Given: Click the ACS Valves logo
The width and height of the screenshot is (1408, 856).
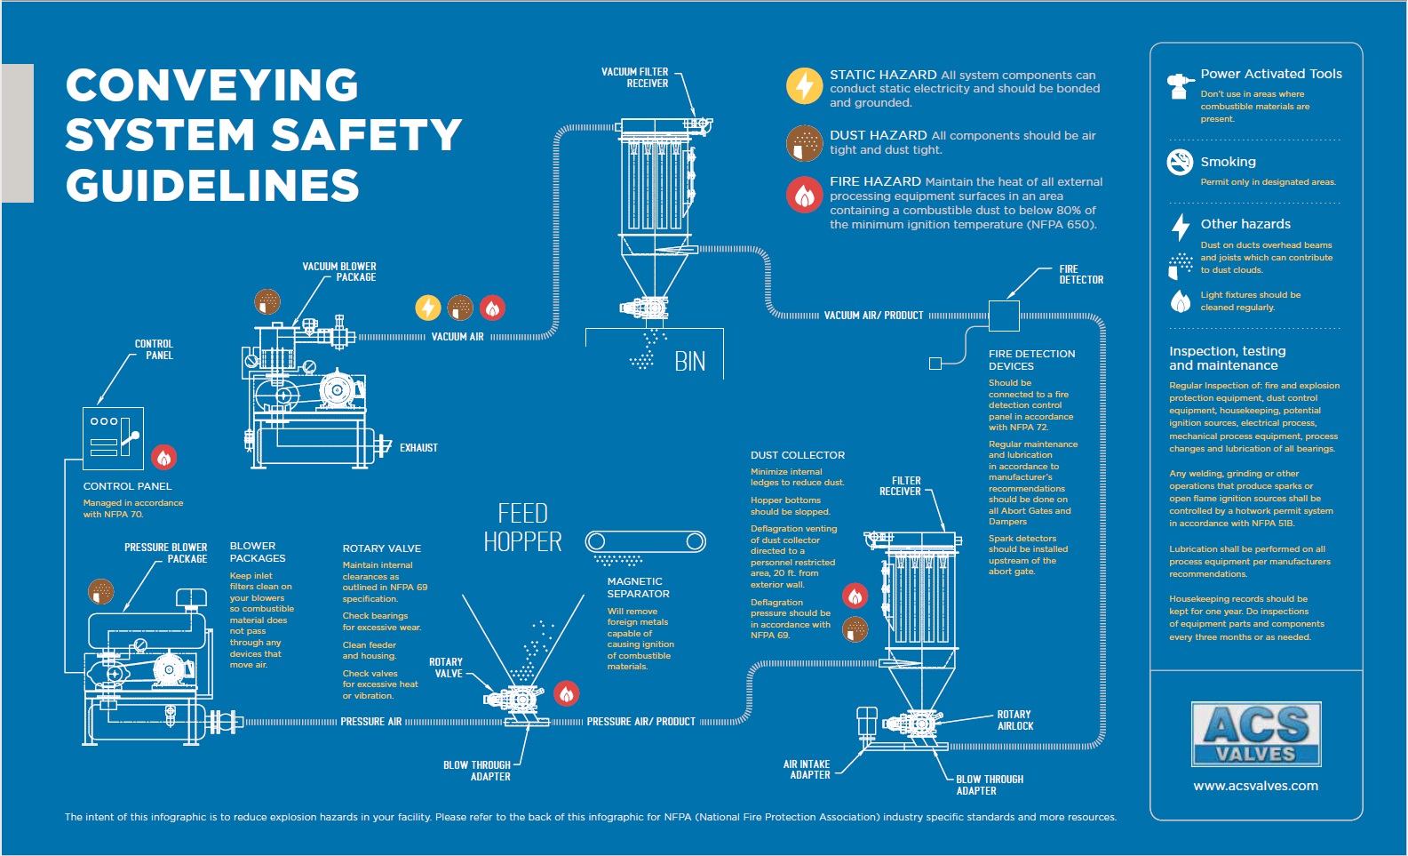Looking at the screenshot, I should coord(1255,734).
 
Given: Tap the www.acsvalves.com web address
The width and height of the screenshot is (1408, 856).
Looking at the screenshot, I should coord(1255,786).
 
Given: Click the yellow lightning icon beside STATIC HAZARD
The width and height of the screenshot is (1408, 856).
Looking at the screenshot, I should coord(804,86).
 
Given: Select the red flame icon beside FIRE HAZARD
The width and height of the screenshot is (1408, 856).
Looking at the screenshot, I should coord(804,195).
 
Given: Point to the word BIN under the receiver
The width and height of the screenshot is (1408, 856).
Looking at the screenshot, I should coord(690,362).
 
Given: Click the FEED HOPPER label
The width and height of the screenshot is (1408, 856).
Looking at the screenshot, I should coord(522,527).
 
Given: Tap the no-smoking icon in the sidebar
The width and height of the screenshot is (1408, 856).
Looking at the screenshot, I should coord(1180,162).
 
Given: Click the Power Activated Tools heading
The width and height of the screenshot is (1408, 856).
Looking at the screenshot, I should coord(1270,74).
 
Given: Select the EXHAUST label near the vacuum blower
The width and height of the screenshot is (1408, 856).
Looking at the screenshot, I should coord(418,448).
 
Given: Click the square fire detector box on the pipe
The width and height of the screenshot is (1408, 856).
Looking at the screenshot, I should coord(1004,316).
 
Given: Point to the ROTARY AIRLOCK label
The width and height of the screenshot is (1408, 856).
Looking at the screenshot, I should coord(1014,720).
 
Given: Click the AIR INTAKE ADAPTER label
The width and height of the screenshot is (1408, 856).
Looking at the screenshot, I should coord(807,770).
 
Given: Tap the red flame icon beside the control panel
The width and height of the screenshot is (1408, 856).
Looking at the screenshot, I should coord(163,457).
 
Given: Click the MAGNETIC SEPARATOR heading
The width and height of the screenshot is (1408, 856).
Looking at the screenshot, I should coord(638,588).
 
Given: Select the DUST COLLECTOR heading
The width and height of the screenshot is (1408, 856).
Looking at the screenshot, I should coord(797,455).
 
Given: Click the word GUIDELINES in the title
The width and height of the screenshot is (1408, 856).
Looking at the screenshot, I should coord(212,186).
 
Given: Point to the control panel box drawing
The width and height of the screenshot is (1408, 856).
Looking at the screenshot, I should coord(113,438).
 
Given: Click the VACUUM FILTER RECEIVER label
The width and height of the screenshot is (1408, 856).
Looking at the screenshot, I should coord(635,77).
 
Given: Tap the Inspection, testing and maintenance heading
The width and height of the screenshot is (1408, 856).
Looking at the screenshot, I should coord(1227,358).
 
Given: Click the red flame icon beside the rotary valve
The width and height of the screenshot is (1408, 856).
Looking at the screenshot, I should coord(567,692).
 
